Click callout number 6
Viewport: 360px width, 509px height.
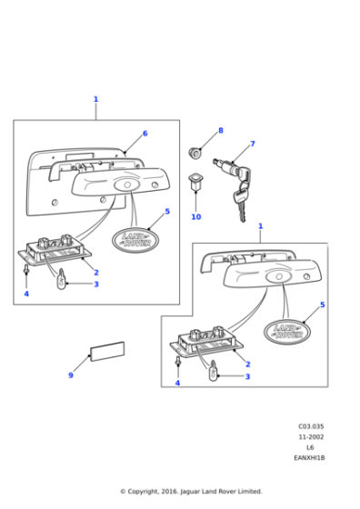(x=145, y=134)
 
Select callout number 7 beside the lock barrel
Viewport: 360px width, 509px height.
(x=253, y=144)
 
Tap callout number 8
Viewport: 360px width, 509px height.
(x=220, y=131)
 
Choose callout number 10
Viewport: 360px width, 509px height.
(x=195, y=217)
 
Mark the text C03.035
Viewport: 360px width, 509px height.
(x=311, y=425)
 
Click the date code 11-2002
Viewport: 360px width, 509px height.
(x=311, y=436)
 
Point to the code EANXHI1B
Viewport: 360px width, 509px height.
(x=311, y=458)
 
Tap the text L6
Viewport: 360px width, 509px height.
(x=311, y=447)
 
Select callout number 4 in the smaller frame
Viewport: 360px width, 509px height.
(x=176, y=384)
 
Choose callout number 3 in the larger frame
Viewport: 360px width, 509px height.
(x=95, y=284)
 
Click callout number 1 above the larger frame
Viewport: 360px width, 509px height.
(x=95, y=99)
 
